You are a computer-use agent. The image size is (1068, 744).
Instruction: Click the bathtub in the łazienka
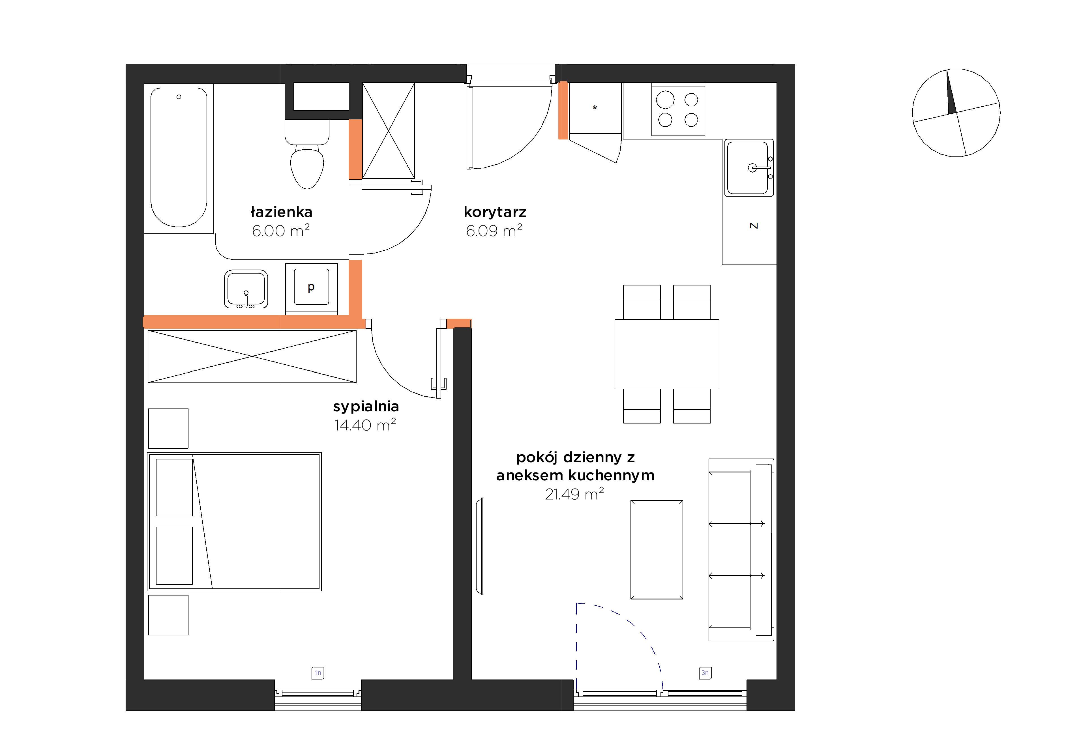pyautogui.click(x=179, y=158)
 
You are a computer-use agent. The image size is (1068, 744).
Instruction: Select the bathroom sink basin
pyautogui.click(x=246, y=289)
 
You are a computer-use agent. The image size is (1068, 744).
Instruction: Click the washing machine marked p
pyautogui.click(x=311, y=289)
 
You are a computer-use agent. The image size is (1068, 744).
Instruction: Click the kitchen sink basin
pyautogui.click(x=749, y=168)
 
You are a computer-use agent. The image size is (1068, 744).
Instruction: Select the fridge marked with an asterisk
pyautogui.click(x=595, y=108)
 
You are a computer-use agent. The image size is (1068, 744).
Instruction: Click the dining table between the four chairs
pyautogui.click(x=666, y=354)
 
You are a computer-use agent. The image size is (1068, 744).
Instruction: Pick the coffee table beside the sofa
pyautogui.click(x=656, y=550)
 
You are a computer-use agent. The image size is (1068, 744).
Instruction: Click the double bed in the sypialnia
pyautogui.click(x=234, y=521)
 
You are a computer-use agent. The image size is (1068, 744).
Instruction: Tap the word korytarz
pyautogui.click(x=495, y=212)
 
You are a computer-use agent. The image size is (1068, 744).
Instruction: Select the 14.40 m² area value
pyautogui.click(x=365, y=425)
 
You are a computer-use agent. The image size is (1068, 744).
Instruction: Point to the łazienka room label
pyautogui.click(x=281, y=212)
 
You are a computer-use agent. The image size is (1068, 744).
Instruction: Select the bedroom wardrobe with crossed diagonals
pyautogui.click(x=252, y=357)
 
